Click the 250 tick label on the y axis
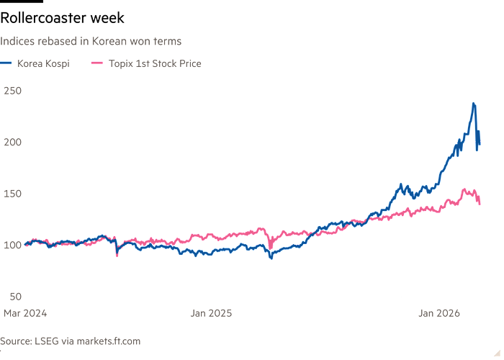click(x=12, y=90)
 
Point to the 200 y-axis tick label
click(x=12, y=142)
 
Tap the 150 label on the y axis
click(x=12, y=193)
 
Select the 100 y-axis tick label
click(x=12, y=245)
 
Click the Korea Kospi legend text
click(x=45, y=64)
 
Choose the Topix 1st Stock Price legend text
click(x=155, y=64)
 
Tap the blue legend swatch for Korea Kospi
click(x=7, y=64)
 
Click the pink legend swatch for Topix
click(x=96, y=64)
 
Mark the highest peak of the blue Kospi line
click(x=473, y=104)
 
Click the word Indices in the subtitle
click(x=16, y=42)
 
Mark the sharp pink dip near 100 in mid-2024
click(x=117, y=254)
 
